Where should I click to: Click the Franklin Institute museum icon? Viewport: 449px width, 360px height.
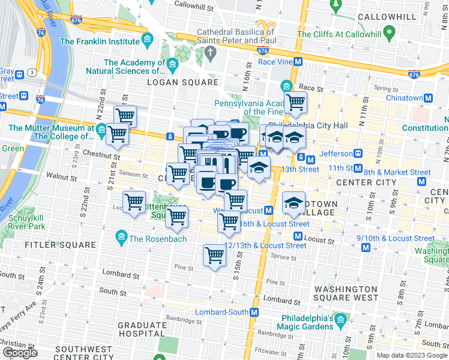tap(147, 41)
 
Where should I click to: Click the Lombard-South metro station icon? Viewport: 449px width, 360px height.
tap(254, 312)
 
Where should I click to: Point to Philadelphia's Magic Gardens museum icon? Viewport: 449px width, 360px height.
tap(341, 319)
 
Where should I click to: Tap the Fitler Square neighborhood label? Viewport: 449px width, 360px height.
tap(60, 245)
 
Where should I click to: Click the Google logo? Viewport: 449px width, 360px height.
tap(20, 353)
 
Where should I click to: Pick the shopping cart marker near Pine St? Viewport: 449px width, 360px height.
tap(214, 256)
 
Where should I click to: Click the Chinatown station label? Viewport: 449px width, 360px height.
tap(404, 98)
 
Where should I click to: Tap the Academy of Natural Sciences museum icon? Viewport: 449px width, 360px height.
tap(173, 64)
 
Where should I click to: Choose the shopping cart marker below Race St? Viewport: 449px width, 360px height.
tap(295, 103)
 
